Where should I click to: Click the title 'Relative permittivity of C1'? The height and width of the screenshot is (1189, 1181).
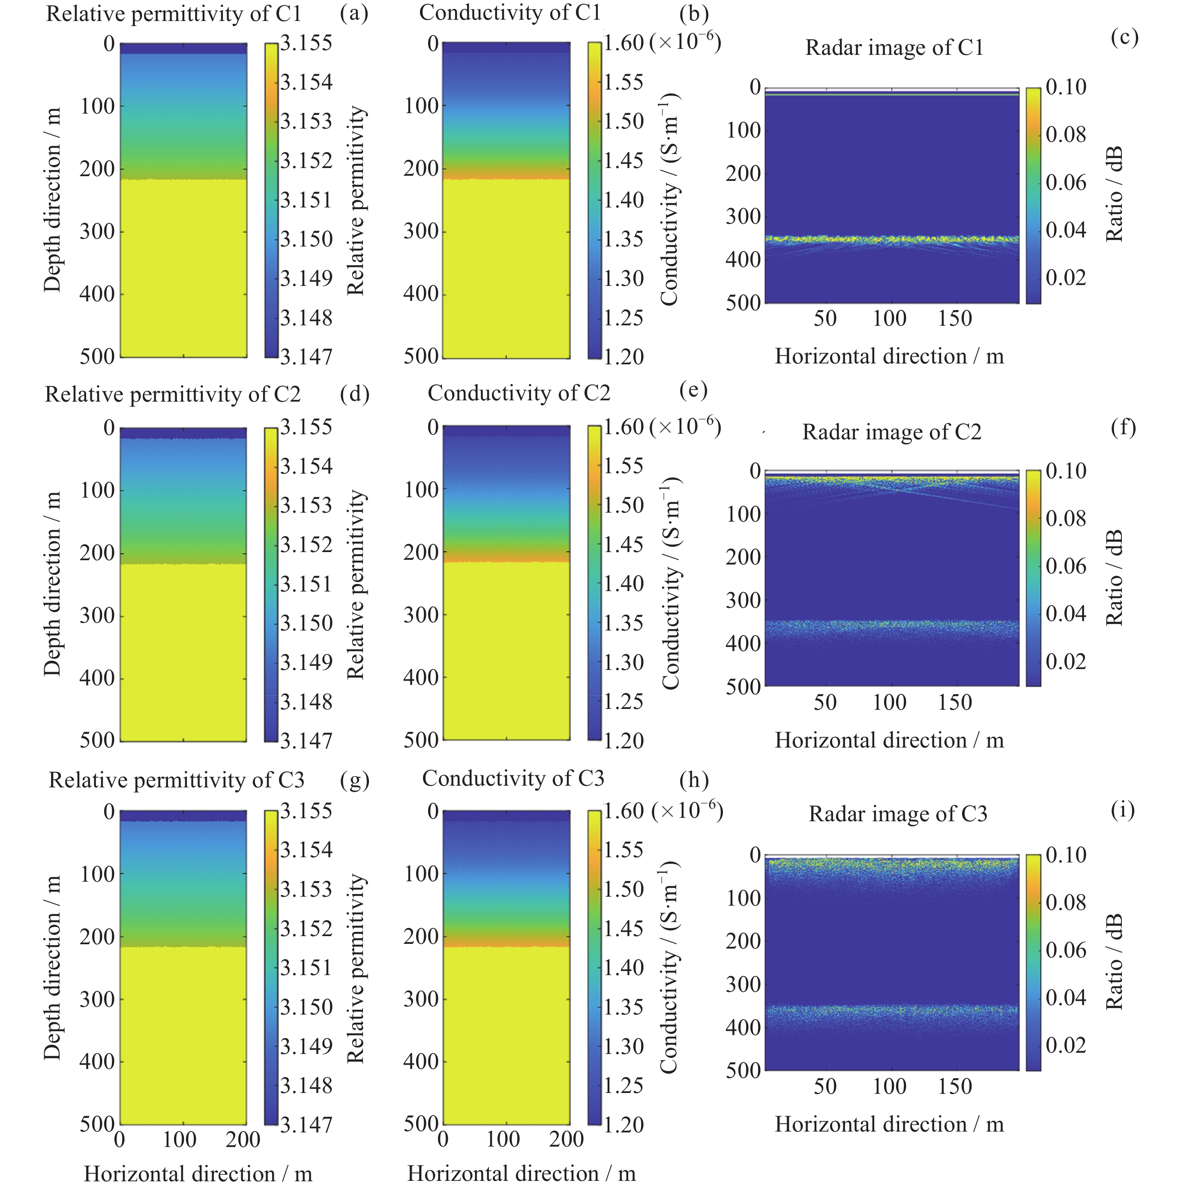pyautogui.click(x=174, y=14)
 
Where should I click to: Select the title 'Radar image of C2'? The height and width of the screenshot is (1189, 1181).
pyautogui.click(x=891, y=432)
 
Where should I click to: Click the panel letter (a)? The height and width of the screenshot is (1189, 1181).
pyautogui.click(x=354, y=14)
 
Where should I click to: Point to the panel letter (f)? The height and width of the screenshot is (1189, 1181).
pyautogui.click(x=1123, y=426)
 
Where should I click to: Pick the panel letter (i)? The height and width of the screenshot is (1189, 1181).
pyautogui.click(x=1123, y=810)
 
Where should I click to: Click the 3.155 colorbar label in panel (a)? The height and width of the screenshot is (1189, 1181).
pyautogui.click(x=306, y=43)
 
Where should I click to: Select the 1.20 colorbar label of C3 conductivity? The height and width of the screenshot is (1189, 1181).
pyautogui.click(x=623, y=1125)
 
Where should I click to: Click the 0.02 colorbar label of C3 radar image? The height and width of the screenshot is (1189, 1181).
pyautogui.click(x=1066, y=1045)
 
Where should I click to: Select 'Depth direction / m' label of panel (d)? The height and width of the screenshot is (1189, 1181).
pyautogui.click(x=53, y=583)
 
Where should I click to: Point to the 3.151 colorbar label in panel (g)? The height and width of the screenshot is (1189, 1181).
pyautogui.click(x=306, y=968)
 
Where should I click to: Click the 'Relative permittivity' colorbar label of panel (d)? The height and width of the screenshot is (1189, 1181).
pyautogui.click(x=356, y=585)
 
